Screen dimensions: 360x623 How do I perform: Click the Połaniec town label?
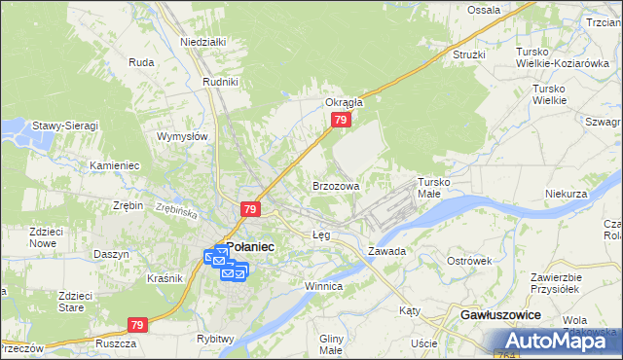[x=250, y=247]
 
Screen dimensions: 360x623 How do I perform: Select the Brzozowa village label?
[x=336, y=185]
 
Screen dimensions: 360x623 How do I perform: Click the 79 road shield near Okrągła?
[x=340, y=120]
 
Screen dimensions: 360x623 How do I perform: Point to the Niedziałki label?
[x=202, y=42]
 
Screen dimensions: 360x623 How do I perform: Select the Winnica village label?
[x=323, y=287]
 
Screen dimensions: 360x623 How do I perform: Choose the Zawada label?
[x=386, y=251]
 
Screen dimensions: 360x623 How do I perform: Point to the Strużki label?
[x=468, y=54]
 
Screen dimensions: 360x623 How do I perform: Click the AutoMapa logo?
[x=558, y=341]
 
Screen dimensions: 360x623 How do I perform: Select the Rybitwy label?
[x=215, y=338]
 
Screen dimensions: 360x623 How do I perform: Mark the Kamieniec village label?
[x=115, y=165]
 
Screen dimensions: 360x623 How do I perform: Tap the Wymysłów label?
[x=183, y=136]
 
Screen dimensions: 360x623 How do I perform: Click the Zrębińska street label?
[x=176, y=209]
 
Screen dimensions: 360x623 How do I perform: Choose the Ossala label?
[x=484, y=10]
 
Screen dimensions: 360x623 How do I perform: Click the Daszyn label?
[x=112, y=254]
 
